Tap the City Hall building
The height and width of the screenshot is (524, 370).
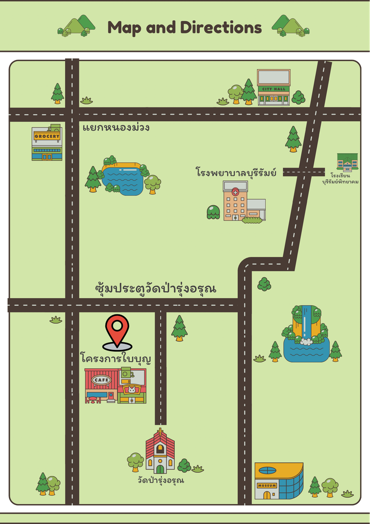(x=274, y=88)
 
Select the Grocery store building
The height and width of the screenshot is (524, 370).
(x=47, y=143)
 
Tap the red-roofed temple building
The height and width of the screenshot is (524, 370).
(x=160, y=452)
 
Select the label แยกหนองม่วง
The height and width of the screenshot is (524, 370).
(x=116, y=128)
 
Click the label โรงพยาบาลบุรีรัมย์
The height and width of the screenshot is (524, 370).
(x=236, y=173)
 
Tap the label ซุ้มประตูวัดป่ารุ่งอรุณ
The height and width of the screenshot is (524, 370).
(x=155, y=288)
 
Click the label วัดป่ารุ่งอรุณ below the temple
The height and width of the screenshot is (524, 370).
(x=161, y=480)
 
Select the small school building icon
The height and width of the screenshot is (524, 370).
(x=347, y=162)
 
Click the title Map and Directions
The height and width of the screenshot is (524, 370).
(x=185, y=27)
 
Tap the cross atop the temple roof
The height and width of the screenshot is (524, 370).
(x=160, y=431)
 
